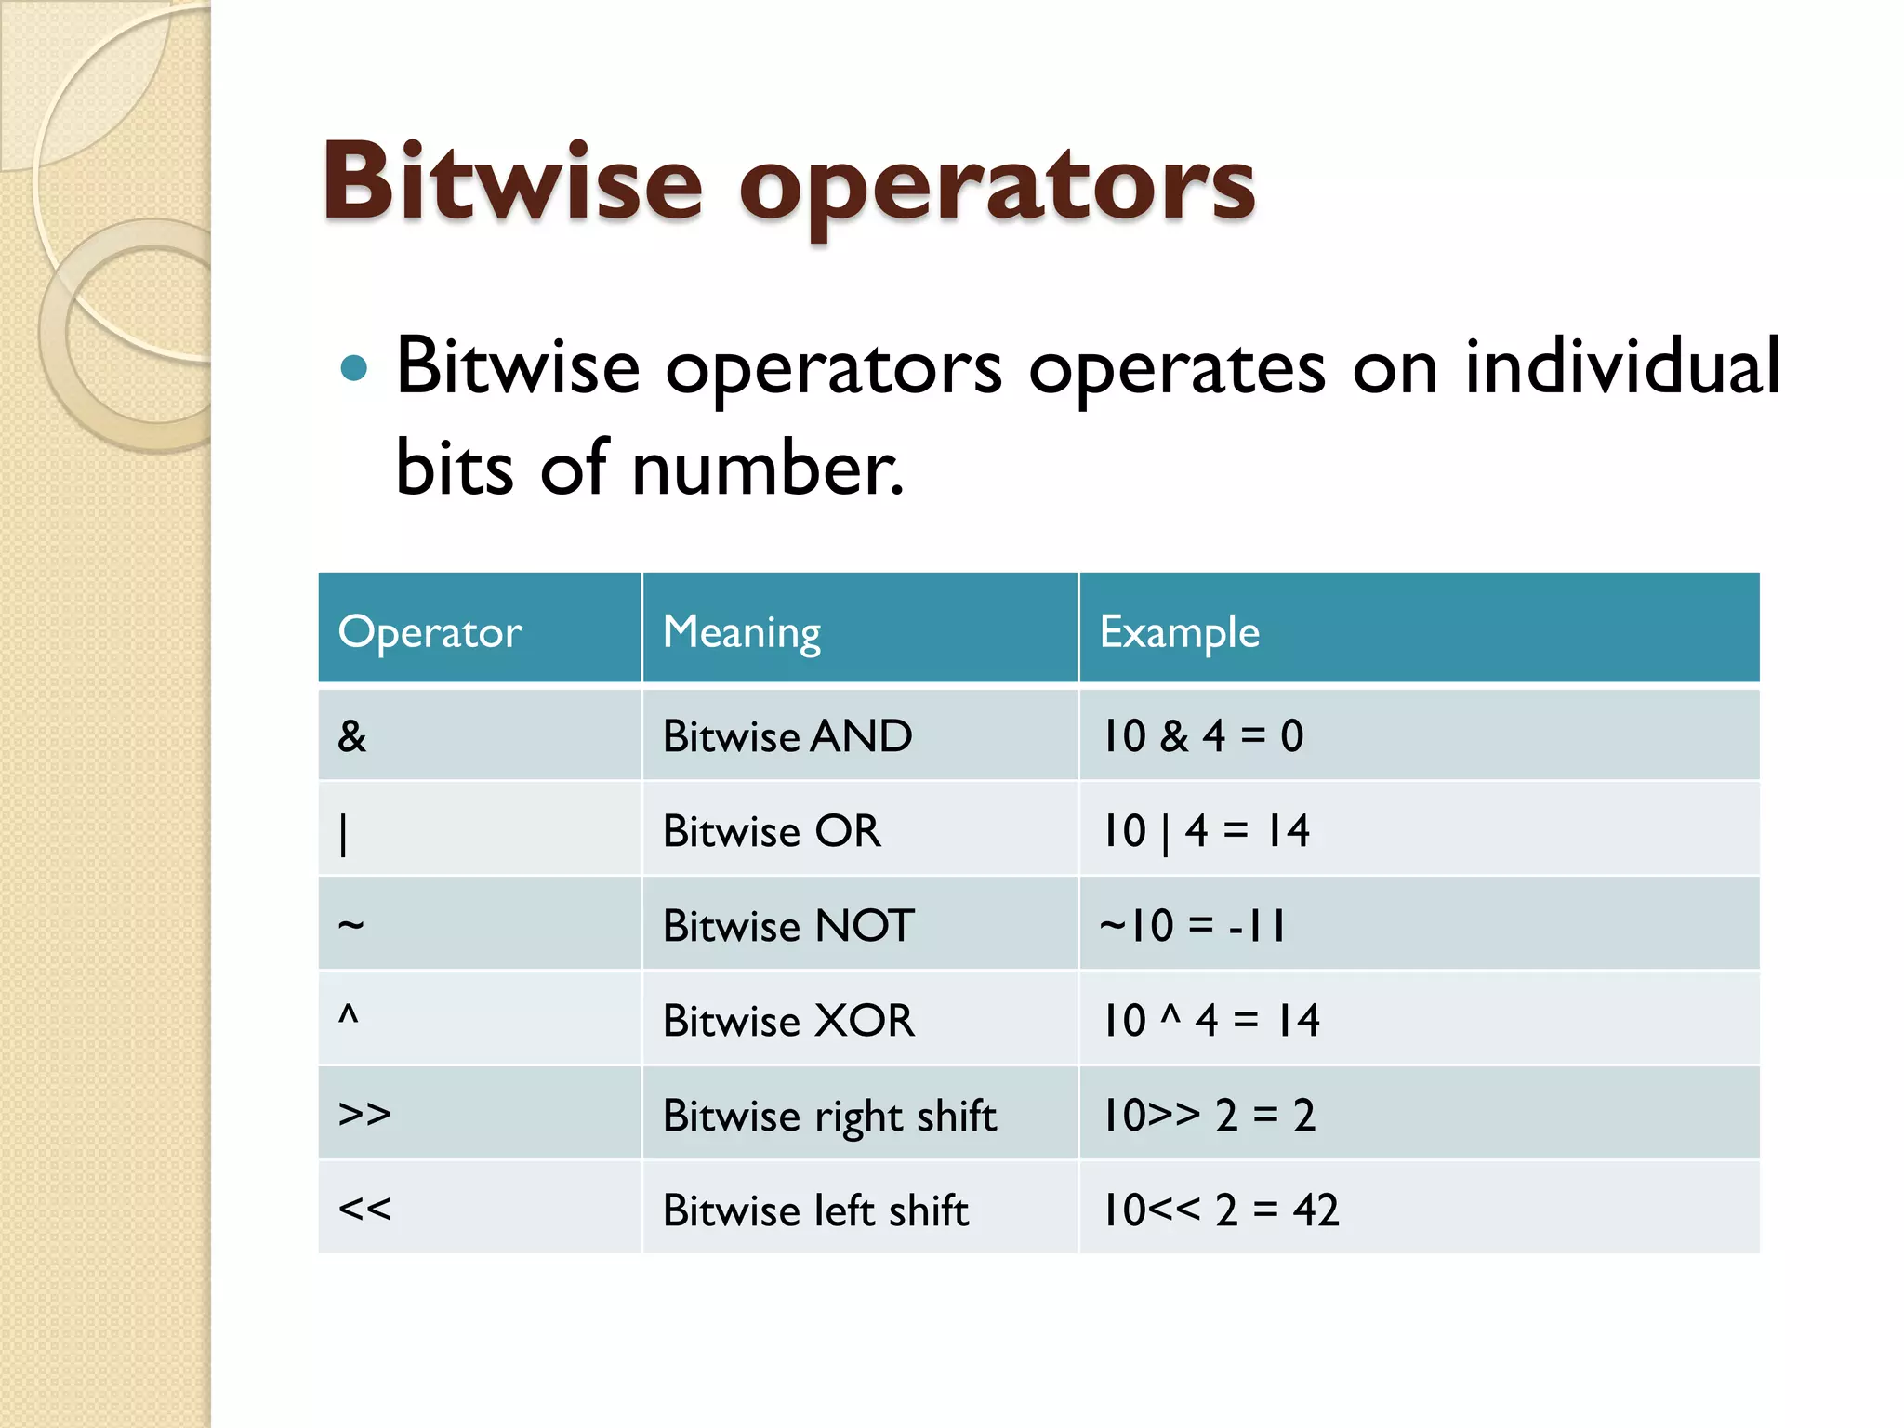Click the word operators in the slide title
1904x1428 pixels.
[997, 186]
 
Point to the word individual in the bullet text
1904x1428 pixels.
[1622, 367]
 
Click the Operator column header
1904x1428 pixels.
[430, 632]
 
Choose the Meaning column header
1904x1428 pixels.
[741, 632]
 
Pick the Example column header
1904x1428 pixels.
[1179, 632]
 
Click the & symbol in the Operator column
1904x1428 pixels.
[352, 736]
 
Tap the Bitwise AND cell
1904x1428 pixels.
[787, 736]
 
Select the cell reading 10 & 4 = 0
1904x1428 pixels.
[1202, 736]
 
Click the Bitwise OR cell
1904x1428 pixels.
[771, 831]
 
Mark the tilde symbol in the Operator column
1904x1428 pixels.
[350, 925]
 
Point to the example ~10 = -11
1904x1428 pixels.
[1193, 926]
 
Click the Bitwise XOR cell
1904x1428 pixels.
[787, 1021]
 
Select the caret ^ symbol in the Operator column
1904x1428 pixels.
[349, 1013]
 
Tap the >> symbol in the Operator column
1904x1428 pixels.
[364, 1114]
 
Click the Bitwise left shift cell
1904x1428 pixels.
[815, 1210]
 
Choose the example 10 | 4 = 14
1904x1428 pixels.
[1205, 831]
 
